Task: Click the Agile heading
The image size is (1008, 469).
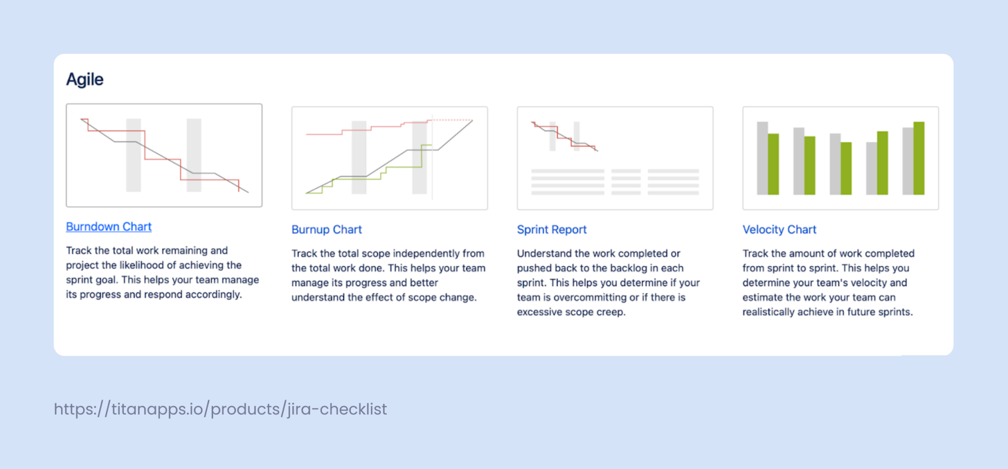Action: point(85,79)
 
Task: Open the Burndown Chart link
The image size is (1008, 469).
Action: point(109,227)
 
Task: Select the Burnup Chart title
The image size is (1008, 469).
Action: point(326,230)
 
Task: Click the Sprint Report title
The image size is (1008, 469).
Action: point(552,230)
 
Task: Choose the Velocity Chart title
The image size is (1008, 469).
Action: point(779,230)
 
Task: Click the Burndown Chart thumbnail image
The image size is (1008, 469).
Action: point(164,155)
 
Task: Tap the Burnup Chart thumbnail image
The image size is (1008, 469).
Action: point(389,158)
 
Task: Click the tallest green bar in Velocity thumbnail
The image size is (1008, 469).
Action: point(919,158)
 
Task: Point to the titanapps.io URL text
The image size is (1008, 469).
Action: point(220,409)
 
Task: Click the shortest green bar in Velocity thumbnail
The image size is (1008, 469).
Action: point(846,168)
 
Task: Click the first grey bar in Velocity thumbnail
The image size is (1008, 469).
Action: point(762,158)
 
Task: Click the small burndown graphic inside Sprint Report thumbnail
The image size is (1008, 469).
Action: point(564,136)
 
